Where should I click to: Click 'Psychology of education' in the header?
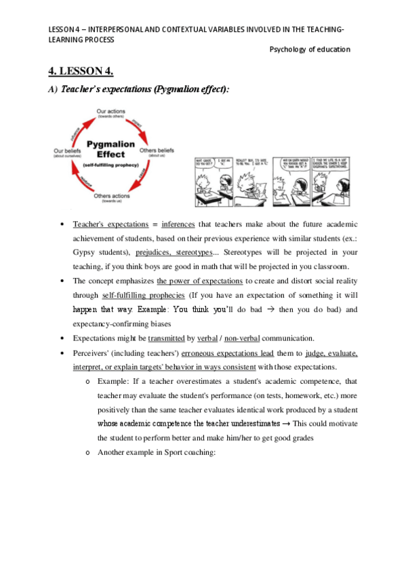pos(310,49)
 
